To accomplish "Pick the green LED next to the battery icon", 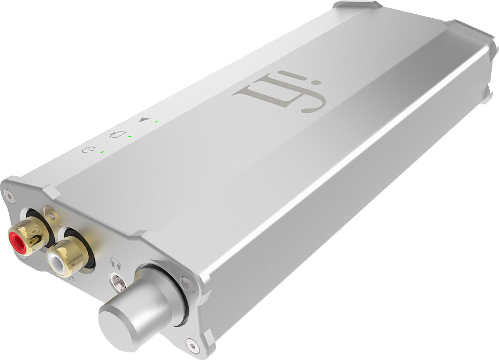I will pos(130,136).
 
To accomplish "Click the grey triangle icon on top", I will pos(144,119).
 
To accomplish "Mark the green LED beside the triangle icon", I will pos(156,122).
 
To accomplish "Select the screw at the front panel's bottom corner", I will pos(192,344).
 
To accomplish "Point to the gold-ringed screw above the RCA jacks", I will pos(51,215).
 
